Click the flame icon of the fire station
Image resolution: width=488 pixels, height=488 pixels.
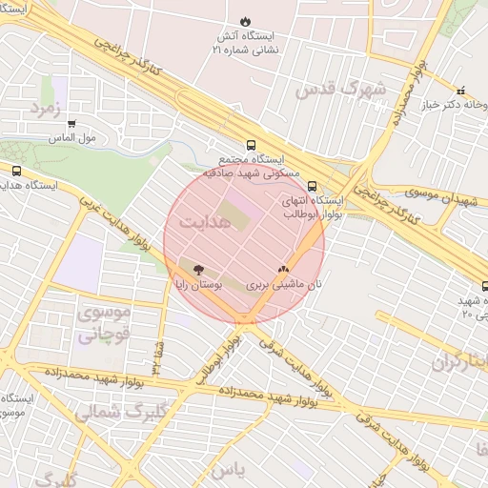click(245, 20)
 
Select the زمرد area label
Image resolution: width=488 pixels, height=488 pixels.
click(45, 108)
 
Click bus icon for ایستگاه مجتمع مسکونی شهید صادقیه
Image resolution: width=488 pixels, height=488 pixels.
click(251, 146)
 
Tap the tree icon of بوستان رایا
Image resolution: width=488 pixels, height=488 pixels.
click(197, 270)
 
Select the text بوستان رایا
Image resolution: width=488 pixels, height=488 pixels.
click(197, 285)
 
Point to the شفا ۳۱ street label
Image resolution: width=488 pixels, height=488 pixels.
click(153, 359)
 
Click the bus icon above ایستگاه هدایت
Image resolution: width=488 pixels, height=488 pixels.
click(16, 171)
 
